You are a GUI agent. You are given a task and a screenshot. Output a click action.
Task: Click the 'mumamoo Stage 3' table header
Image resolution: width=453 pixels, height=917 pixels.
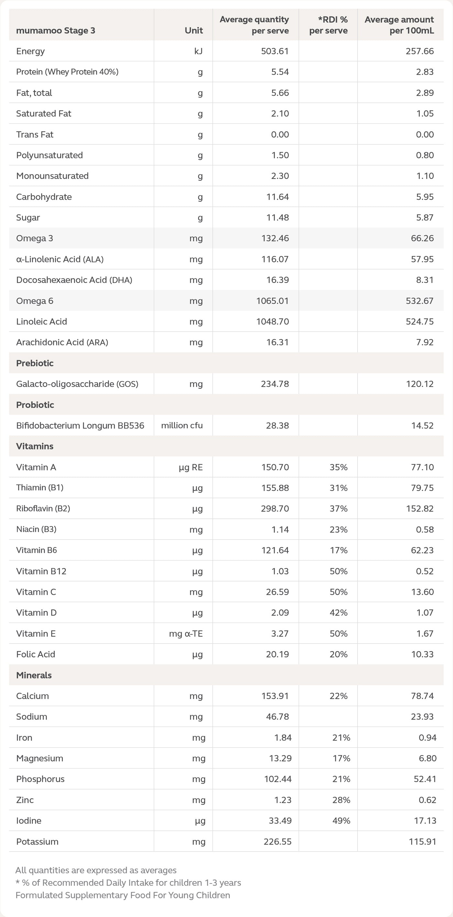pyautogui.click(x=56, y=31)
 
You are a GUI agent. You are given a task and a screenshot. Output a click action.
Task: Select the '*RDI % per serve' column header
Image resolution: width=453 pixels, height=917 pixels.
pyautogui.click(x=328, y=25)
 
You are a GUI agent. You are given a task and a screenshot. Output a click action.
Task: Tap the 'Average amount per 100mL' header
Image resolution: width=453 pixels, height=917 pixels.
pyautogui.click(x=399, y=25)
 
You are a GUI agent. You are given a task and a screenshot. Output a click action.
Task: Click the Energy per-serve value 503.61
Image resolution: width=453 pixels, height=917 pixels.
pyautogui.click(x=274, y=51)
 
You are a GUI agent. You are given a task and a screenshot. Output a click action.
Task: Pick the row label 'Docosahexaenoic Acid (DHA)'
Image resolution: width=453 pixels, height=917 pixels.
pyautogui.click(x=74, y=280)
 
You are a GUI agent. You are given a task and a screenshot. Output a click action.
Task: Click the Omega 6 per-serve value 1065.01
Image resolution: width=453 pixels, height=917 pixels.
pyautogui.click(x=272, y=301)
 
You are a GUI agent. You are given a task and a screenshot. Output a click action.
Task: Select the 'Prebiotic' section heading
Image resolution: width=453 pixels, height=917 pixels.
pyautogui.click(x=35, y=363)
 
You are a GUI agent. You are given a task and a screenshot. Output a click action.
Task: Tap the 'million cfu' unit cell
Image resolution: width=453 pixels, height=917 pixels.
pyautogui.click(x=182, y=426)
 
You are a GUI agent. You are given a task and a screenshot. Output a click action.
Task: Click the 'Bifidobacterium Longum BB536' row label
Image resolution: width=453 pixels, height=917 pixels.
pyautogui.click(x=80, y=426)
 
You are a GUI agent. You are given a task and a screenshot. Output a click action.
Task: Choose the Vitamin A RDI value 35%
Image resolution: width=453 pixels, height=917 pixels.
pyautogui.click(x=338, y=467)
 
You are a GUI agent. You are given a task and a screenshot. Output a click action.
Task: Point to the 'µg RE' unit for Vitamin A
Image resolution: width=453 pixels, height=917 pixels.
pyautogui.click(x=191, y=467)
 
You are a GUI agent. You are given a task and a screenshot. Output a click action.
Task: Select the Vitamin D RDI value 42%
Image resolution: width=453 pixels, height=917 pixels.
pyautogui.click(x=338, y=613)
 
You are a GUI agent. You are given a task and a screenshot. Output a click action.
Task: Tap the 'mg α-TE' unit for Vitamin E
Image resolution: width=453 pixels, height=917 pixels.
pyautogui.click(x=186, y=634)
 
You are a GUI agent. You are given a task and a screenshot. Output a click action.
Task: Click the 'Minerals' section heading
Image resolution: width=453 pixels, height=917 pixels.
pyautogui.click(x=34, y=675)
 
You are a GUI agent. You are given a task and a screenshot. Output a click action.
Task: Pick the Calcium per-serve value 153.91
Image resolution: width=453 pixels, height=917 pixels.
pyautogui.click(x=275, y=696)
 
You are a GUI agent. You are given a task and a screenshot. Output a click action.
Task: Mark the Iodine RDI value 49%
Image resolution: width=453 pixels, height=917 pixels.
pyautogui.click(x=341, y=821)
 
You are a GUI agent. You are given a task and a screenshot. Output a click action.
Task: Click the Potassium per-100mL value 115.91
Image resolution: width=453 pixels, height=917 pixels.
pyautogui.click(x=422, y=842)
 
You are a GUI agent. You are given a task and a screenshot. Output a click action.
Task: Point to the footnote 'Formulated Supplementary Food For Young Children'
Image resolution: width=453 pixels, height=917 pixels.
pyautogui.click(x=123, y=895)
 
